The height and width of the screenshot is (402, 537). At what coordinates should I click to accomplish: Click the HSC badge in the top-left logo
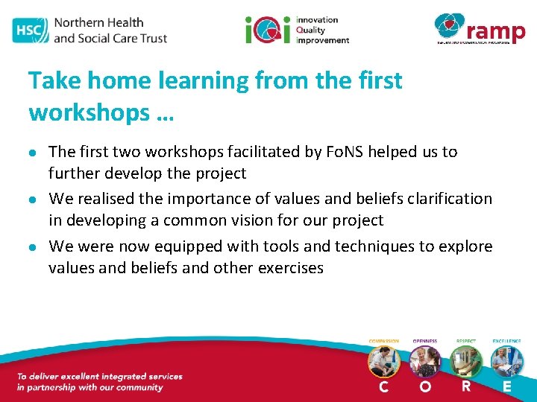point(29,30)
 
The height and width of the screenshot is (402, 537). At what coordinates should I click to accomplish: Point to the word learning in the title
point(183,80)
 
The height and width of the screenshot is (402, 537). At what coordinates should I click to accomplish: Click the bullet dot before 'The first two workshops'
point(34,153)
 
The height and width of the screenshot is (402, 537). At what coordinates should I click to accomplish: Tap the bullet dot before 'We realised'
point(34,200)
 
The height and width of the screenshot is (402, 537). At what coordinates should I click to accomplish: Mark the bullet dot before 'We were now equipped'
point(34,247)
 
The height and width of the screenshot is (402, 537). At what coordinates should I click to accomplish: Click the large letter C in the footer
point(383,386)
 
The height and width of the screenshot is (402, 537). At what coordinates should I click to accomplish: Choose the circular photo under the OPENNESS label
point(424,361)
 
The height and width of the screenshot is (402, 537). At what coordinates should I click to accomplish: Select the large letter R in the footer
point(465,386)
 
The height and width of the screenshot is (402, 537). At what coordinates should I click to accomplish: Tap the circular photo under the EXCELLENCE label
point(507,361)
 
